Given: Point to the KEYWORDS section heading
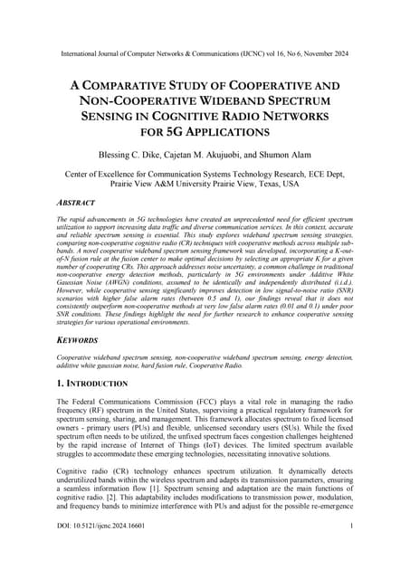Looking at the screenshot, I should pyautogui.click(x=81, y=345).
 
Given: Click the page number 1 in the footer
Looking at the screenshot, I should pyautogui.click(x=349, y=549).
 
